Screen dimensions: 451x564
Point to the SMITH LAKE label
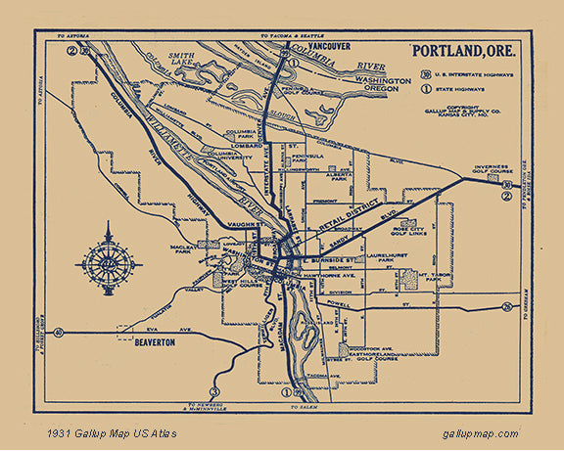click(182, 60)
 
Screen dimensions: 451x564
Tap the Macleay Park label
click(184, 251)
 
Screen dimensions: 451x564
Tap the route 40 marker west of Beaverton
click(61, 334)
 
